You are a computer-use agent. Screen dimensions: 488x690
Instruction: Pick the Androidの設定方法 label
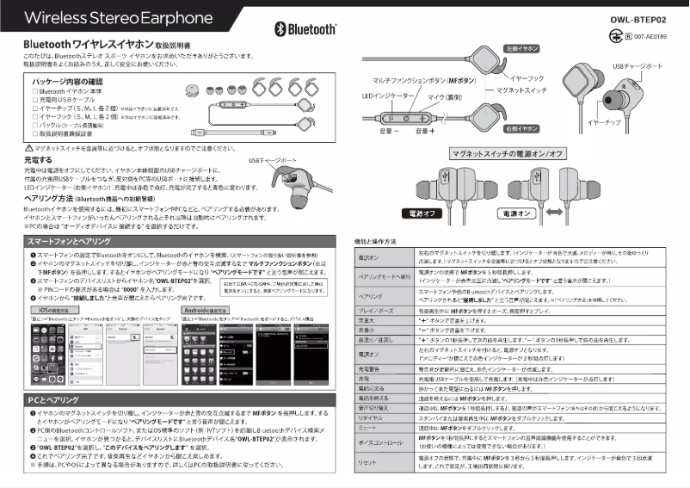click(x=207, y=308)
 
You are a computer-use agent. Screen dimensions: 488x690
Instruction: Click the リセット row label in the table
click(x=368, y=462)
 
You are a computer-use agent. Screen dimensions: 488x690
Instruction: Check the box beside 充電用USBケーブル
click(x=36, y=99)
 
